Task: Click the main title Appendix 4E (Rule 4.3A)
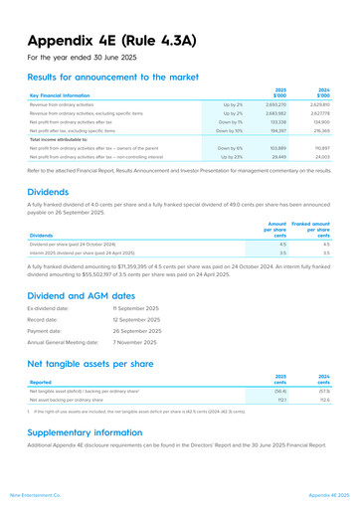117,42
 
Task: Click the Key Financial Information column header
66,96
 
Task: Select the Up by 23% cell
232,157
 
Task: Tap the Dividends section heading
55,191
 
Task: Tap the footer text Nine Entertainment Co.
37,494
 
